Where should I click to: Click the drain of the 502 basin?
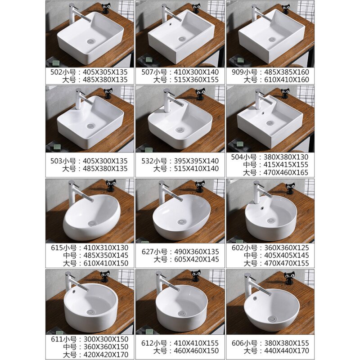(91, 41)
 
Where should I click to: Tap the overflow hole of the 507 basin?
(171, 23)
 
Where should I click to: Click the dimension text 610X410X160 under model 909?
(287, 80)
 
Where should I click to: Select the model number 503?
(56, 161)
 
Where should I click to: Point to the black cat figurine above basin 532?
(200, 94)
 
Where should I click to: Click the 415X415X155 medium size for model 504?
(286, 165)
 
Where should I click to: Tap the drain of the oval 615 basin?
(92, 223)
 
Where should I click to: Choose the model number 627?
(148, 252)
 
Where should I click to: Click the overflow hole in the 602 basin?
(262, 208)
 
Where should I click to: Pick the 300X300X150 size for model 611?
(106, 339)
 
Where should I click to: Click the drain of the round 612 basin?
(182, 313)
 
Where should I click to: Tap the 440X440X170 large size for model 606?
(287, 351)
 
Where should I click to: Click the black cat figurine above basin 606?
(289, 278)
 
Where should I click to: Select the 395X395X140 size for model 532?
(196, 161)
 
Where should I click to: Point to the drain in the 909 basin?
(272, 40)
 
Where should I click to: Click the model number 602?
(238, 248)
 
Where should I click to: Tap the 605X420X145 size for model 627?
(197, 260)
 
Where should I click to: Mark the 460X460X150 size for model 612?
(196, 351)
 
